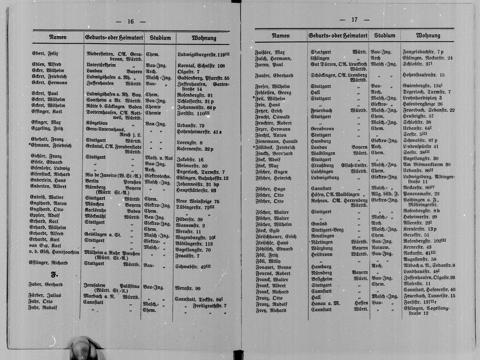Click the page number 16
[x=130, y=22]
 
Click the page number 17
[x=354, y=20]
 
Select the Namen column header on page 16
[x=58, y=37]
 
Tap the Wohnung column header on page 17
[x=428, y=36]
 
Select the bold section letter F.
[x=54, y=275]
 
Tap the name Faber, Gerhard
[x=47, y=285]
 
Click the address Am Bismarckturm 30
[x=426, y=165]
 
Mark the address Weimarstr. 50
[x=192, y=165]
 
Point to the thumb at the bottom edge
[x=83, y=349]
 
